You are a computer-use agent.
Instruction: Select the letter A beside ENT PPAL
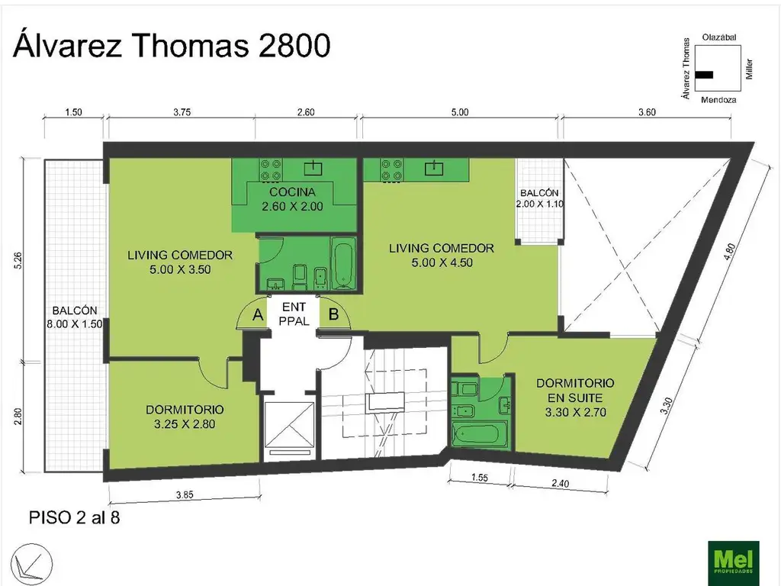click(258, 314)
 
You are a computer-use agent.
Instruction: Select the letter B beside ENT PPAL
click(333, 313)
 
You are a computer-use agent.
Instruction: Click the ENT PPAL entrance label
click(294, 314)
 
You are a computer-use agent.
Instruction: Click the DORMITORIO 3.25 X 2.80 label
click(185, 417)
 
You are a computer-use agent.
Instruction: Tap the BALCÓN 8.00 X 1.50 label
click(75, 317)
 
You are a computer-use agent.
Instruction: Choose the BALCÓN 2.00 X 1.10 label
click(539, 199)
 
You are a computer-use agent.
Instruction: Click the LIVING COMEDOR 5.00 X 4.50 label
click(441, 255)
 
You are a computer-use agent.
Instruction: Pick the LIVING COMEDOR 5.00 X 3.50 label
click(179, 261)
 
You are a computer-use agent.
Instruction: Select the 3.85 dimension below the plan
click(184, 494)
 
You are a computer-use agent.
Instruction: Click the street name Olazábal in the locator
click(718, 37)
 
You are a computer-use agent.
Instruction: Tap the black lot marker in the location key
click(705, 75)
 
